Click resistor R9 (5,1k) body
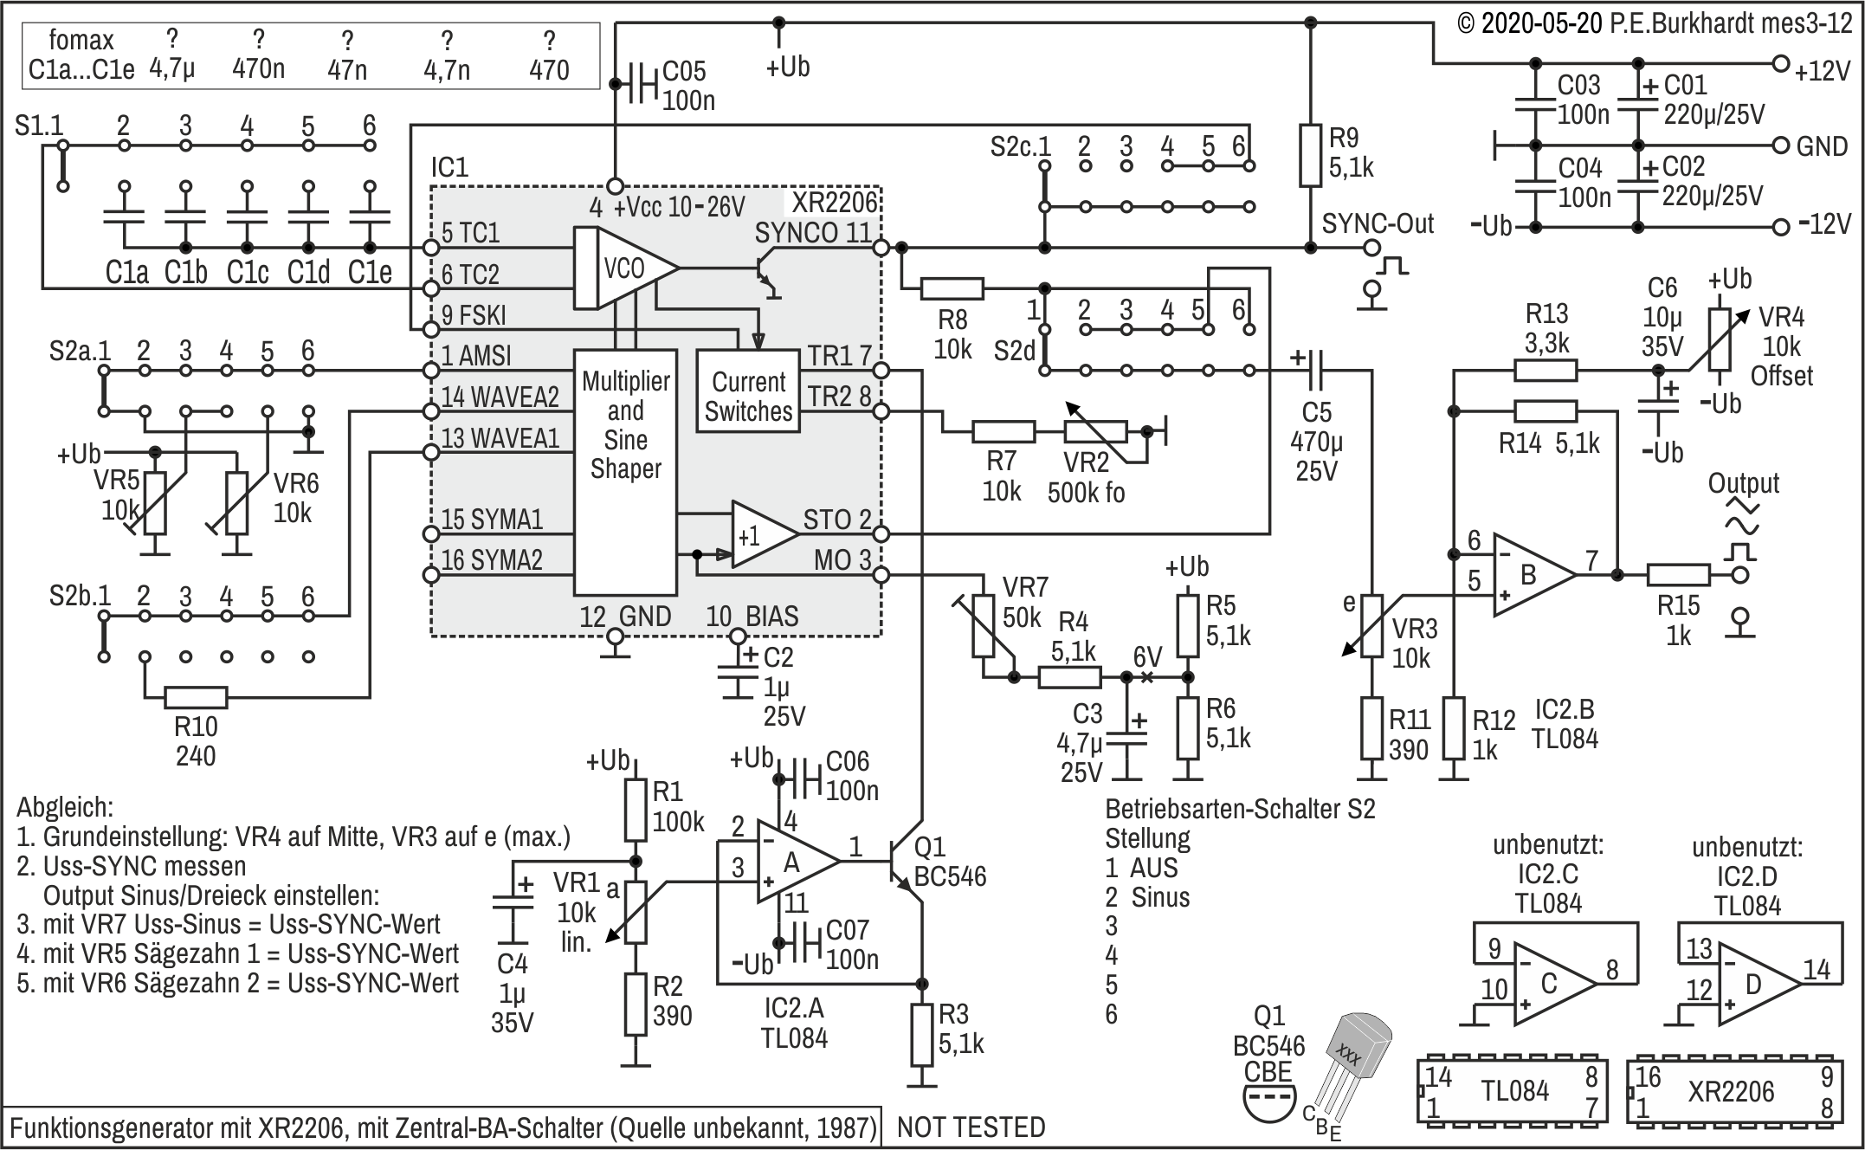(1310, 155)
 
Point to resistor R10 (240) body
(196, 697)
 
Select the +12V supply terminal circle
(1781, 63)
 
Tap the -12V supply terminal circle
(1781, 227)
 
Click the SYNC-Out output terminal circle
(1371, 248)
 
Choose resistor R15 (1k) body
(1678, 574)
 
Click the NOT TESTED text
(971, 1127)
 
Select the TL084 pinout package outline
(1513, 1091)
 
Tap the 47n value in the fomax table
(346, 69)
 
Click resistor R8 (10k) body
(952, 288)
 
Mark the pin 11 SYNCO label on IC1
(812, 232)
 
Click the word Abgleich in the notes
(65, 808)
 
